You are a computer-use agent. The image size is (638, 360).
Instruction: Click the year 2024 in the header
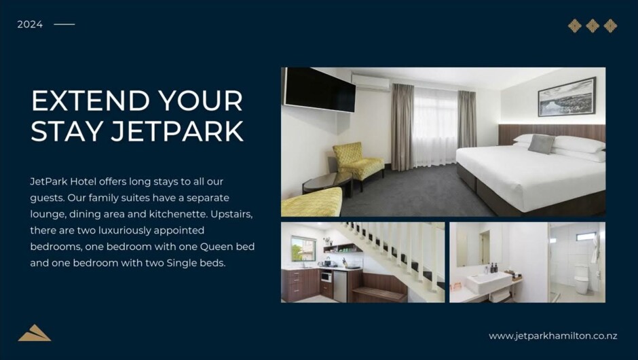point(30,24)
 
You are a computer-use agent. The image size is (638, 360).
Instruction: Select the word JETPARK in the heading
point(177,131)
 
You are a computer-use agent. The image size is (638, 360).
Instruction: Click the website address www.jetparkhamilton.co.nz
point(553,336)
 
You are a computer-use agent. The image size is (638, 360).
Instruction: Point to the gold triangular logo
point(35,333)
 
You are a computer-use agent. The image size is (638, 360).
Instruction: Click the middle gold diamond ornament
point(593,26)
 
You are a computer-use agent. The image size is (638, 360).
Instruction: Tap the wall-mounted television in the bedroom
point(320,90)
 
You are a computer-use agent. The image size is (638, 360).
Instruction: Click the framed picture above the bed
point(567,97)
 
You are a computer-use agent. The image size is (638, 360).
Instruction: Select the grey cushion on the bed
point(541,143)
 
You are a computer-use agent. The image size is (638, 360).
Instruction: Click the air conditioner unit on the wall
point(371,82)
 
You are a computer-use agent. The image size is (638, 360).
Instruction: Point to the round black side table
point(328,182)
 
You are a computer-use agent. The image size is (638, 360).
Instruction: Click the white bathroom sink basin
point(489,282)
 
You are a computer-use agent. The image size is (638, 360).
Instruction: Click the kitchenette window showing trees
point(303,249)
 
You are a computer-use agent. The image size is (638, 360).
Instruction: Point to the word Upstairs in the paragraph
point(231,215)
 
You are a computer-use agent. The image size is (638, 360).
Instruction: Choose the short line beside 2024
point(64,24)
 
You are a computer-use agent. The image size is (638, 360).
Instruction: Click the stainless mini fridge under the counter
point(340,286)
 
